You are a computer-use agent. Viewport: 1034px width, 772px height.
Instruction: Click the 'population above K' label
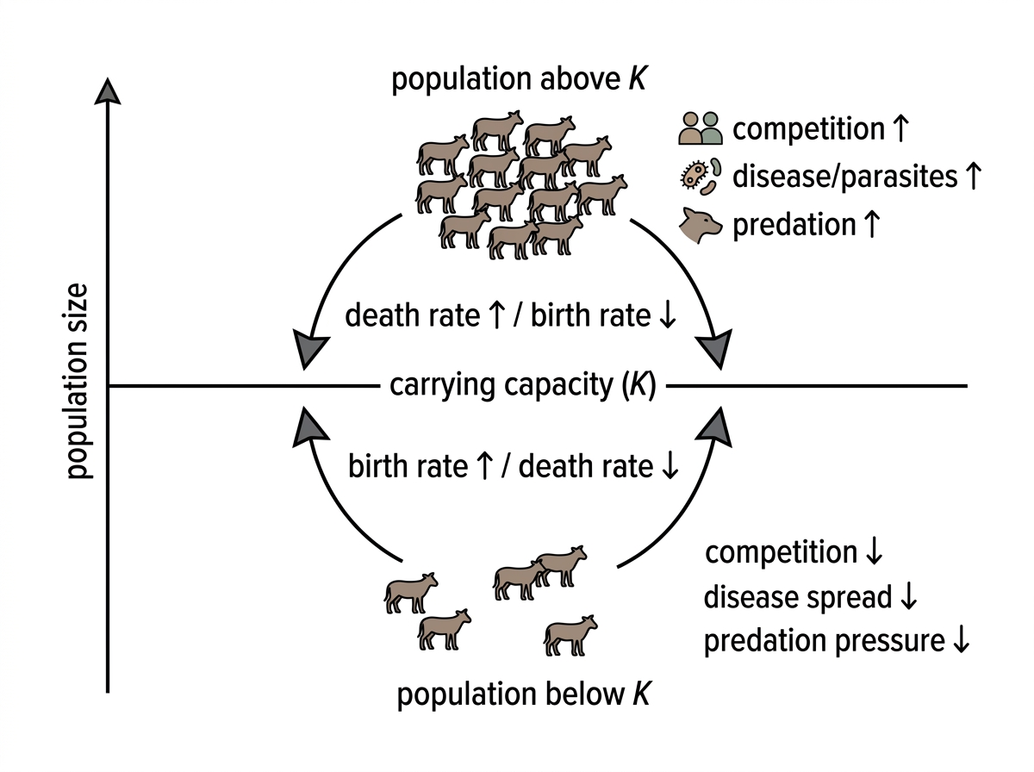click(x=519, y=79)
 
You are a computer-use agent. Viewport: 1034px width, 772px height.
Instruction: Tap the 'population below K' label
click(x=524, y=694)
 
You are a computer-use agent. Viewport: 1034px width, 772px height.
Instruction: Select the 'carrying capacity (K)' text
click(x=523, y=386)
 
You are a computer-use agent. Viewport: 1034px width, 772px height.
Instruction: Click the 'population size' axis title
click(x=78, y=381)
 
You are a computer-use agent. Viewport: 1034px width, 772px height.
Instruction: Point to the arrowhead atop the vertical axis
click(x=108, y=91)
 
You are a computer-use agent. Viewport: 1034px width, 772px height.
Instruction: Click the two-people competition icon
click(x=700, y=128)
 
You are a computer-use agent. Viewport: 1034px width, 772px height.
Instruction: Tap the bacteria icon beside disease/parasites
click(x=701, y=176)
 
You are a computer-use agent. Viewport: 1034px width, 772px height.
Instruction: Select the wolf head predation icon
click(x=700, y=225)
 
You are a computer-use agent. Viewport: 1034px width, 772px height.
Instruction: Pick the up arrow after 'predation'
click(x=871, y=224)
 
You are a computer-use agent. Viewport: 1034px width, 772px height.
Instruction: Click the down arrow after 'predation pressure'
click(x=961, y=640)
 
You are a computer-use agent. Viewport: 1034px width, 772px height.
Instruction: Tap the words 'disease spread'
click(x=798, y=597)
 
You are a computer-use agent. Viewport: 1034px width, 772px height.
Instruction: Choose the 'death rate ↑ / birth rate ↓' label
click(x=511, y=315)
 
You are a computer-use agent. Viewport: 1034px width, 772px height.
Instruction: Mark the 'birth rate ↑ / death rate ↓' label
click(x=514, y=466)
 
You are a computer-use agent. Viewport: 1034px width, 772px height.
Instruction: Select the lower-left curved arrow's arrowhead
click(x=309, y=427)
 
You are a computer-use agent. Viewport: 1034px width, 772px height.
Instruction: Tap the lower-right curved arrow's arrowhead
click(x=715, y=427)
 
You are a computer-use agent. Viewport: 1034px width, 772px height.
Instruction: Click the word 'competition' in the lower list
click(x=781, y=552)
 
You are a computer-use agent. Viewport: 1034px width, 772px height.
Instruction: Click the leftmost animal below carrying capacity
click(x=411, y=594)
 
